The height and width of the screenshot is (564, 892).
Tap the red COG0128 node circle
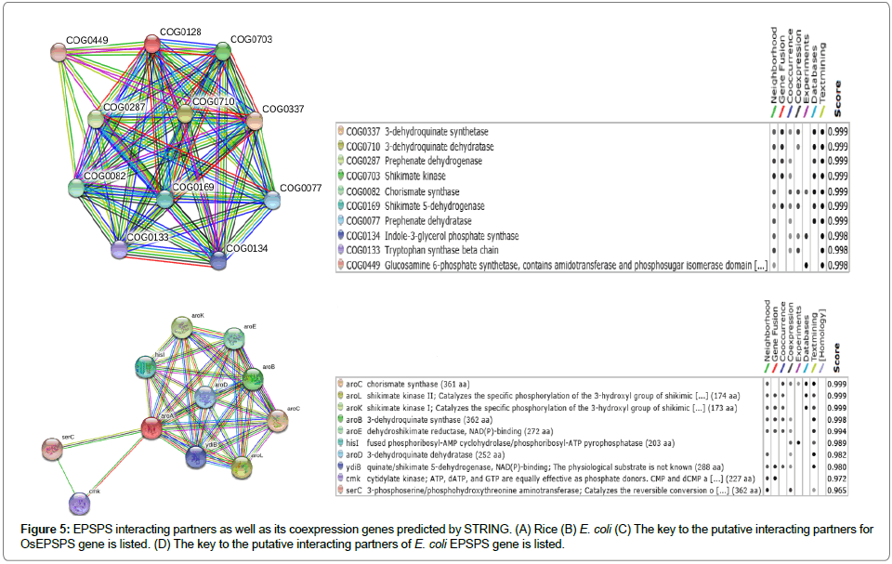[154, 43]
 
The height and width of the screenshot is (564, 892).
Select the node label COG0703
[250, 39]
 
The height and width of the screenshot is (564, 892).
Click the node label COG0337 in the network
[282, 109]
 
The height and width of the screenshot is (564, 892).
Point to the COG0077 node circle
[273, 200]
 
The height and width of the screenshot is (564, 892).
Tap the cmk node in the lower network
[80, 503]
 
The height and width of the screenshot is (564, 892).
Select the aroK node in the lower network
[183, 328]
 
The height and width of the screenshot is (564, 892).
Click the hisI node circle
[146, 366]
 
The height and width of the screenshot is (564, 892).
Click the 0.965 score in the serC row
[836, 489]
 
